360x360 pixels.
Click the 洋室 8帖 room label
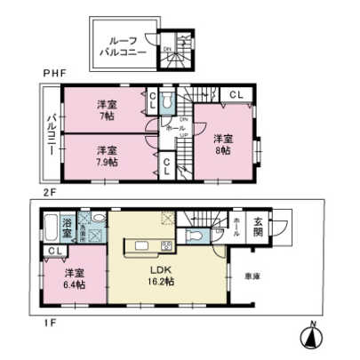223,143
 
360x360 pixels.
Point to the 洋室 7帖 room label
108,109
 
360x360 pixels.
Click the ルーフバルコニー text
122,47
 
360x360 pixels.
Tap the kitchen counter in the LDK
148,246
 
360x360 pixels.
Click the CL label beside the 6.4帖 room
53,252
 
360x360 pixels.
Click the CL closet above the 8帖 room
236,94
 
